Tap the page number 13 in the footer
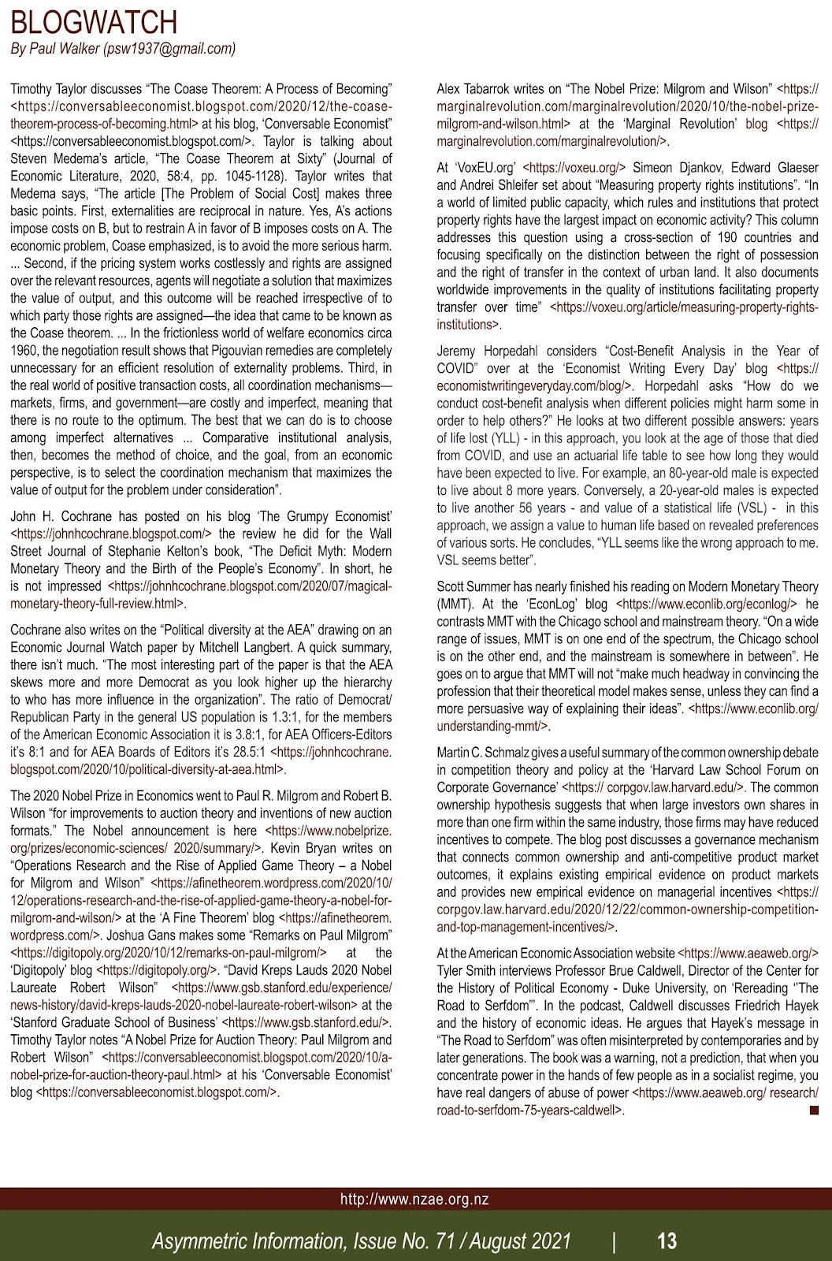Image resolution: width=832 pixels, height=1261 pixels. [667, 1241]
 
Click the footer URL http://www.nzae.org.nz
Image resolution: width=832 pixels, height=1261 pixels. [415, 1199]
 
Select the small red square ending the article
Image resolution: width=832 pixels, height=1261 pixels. [814, 1110]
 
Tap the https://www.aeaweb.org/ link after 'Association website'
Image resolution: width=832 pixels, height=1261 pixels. [748, 953]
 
